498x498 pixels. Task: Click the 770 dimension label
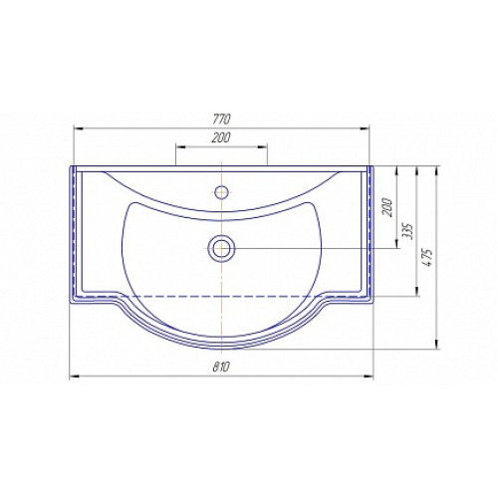coord(221,120)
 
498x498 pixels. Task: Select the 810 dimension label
coord(221,368)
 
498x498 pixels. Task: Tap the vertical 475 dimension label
coord(428,257)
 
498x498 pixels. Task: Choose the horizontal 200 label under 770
coord(221,137)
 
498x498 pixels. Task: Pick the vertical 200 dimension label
coord(387,207)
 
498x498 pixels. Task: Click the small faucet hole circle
coord(221,192)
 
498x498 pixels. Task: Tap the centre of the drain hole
coord(221,248)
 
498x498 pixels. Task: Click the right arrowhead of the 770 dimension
coord(365,128)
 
